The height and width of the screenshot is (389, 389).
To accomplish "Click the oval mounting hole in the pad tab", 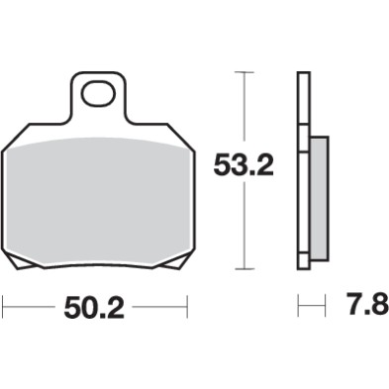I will click(x=98, y=95).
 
